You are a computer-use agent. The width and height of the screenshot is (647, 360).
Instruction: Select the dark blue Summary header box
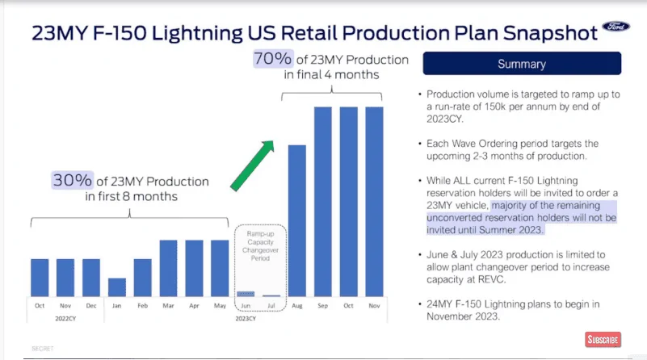click(522, 64)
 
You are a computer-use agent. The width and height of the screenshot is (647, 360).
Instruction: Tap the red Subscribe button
click(603, 339)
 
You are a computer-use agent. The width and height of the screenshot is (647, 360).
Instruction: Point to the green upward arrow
click(252, 165)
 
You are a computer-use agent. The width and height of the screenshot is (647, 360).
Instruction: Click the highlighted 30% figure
click(68, 180)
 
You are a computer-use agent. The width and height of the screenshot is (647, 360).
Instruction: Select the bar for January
click(117, 287)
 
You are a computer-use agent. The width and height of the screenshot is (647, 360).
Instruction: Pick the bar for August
click(297, 220)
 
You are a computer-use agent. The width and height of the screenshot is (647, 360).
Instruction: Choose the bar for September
click(323, 202)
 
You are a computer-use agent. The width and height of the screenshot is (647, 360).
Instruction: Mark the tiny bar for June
click(246, 293)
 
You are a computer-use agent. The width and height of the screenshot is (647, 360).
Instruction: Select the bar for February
click(143, 278)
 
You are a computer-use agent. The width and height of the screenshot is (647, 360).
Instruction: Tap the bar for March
click(169, 268)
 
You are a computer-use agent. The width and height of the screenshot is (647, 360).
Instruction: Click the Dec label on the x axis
click(91, 305)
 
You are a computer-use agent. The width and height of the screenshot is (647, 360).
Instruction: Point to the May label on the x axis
click(220, 305)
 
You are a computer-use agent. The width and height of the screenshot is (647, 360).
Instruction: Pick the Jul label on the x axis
click(271, 305)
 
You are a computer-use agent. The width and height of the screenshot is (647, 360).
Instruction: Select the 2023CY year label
click(245, 318)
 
